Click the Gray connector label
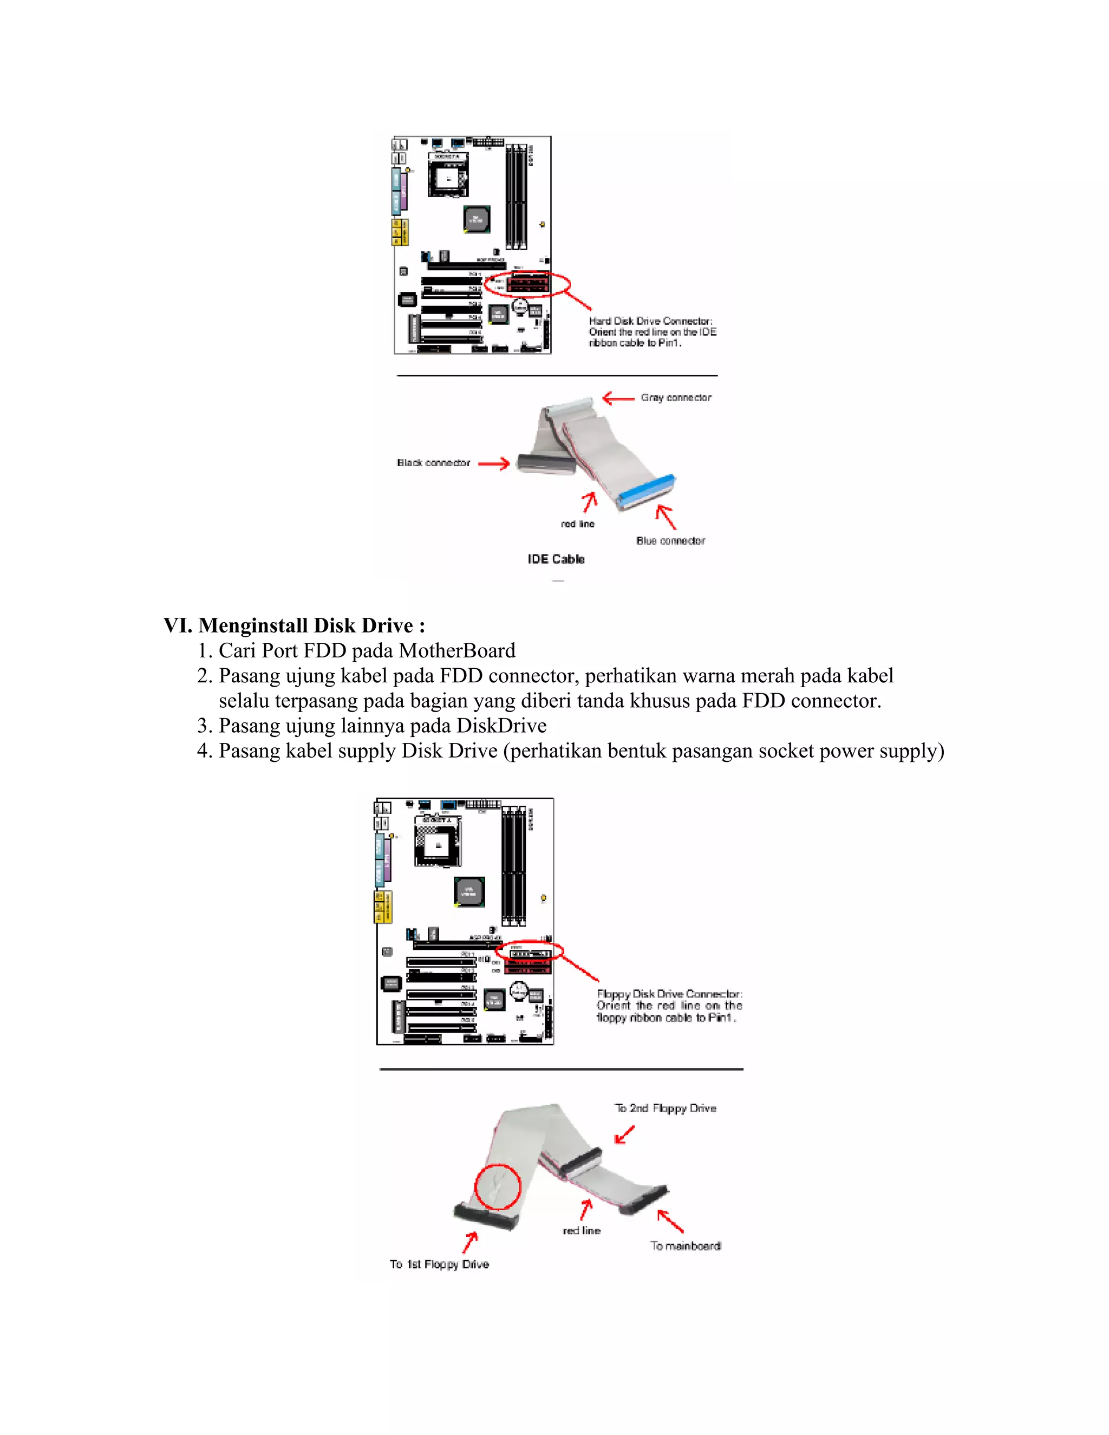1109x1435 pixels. [x=675, y=397]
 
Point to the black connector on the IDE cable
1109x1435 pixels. [x=546, y=462]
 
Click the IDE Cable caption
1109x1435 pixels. [x=556, y=559]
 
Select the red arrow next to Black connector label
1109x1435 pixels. [x=493, y=464]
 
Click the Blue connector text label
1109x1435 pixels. [x=670, y=541]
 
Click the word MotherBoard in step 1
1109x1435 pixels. [x=456, y=650]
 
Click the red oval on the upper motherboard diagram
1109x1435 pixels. [x=527, y=284]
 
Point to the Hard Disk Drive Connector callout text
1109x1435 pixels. [x=652, y=332]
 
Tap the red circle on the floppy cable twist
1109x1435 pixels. [x=497, y=1186]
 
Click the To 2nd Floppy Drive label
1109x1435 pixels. [x=665, y=1108]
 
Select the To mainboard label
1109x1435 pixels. [x=685, y=1246]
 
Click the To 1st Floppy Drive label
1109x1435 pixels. [x=439, y=1264]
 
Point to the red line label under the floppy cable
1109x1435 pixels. [x=582, y=1231]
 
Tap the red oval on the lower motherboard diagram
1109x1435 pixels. [x=529, y=951]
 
